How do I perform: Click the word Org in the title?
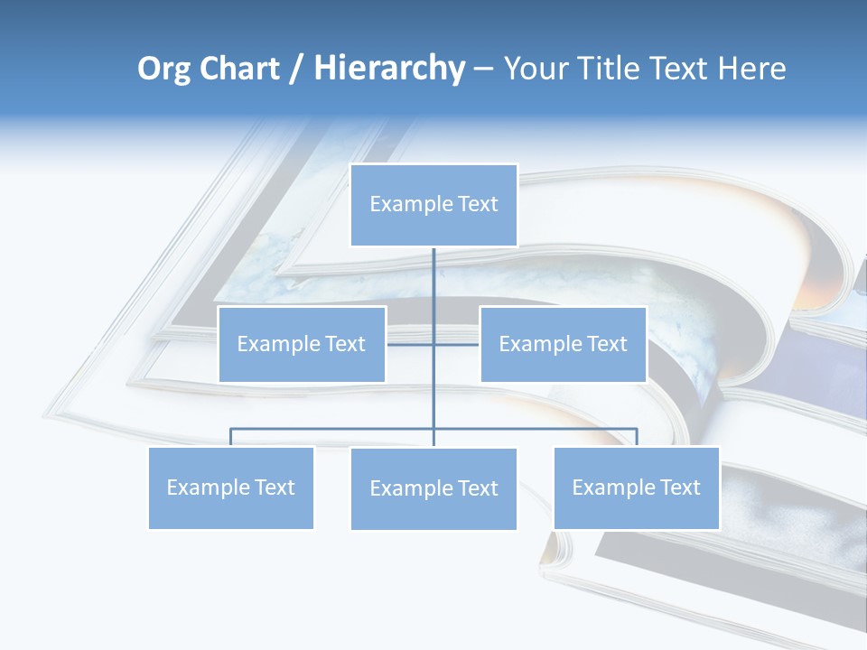(x=164, y=69)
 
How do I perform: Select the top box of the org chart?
(x=433, y=205)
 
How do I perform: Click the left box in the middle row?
(x=302, y=344)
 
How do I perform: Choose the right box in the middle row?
(x=563, y=344)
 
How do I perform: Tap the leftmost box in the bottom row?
(x=230, y=487)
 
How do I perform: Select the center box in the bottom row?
(x=433, y=488)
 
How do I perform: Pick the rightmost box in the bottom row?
(x=636, y=487)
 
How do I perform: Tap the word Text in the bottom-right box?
(x=679, y=487)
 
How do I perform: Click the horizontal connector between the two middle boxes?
(x=410, y=344)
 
